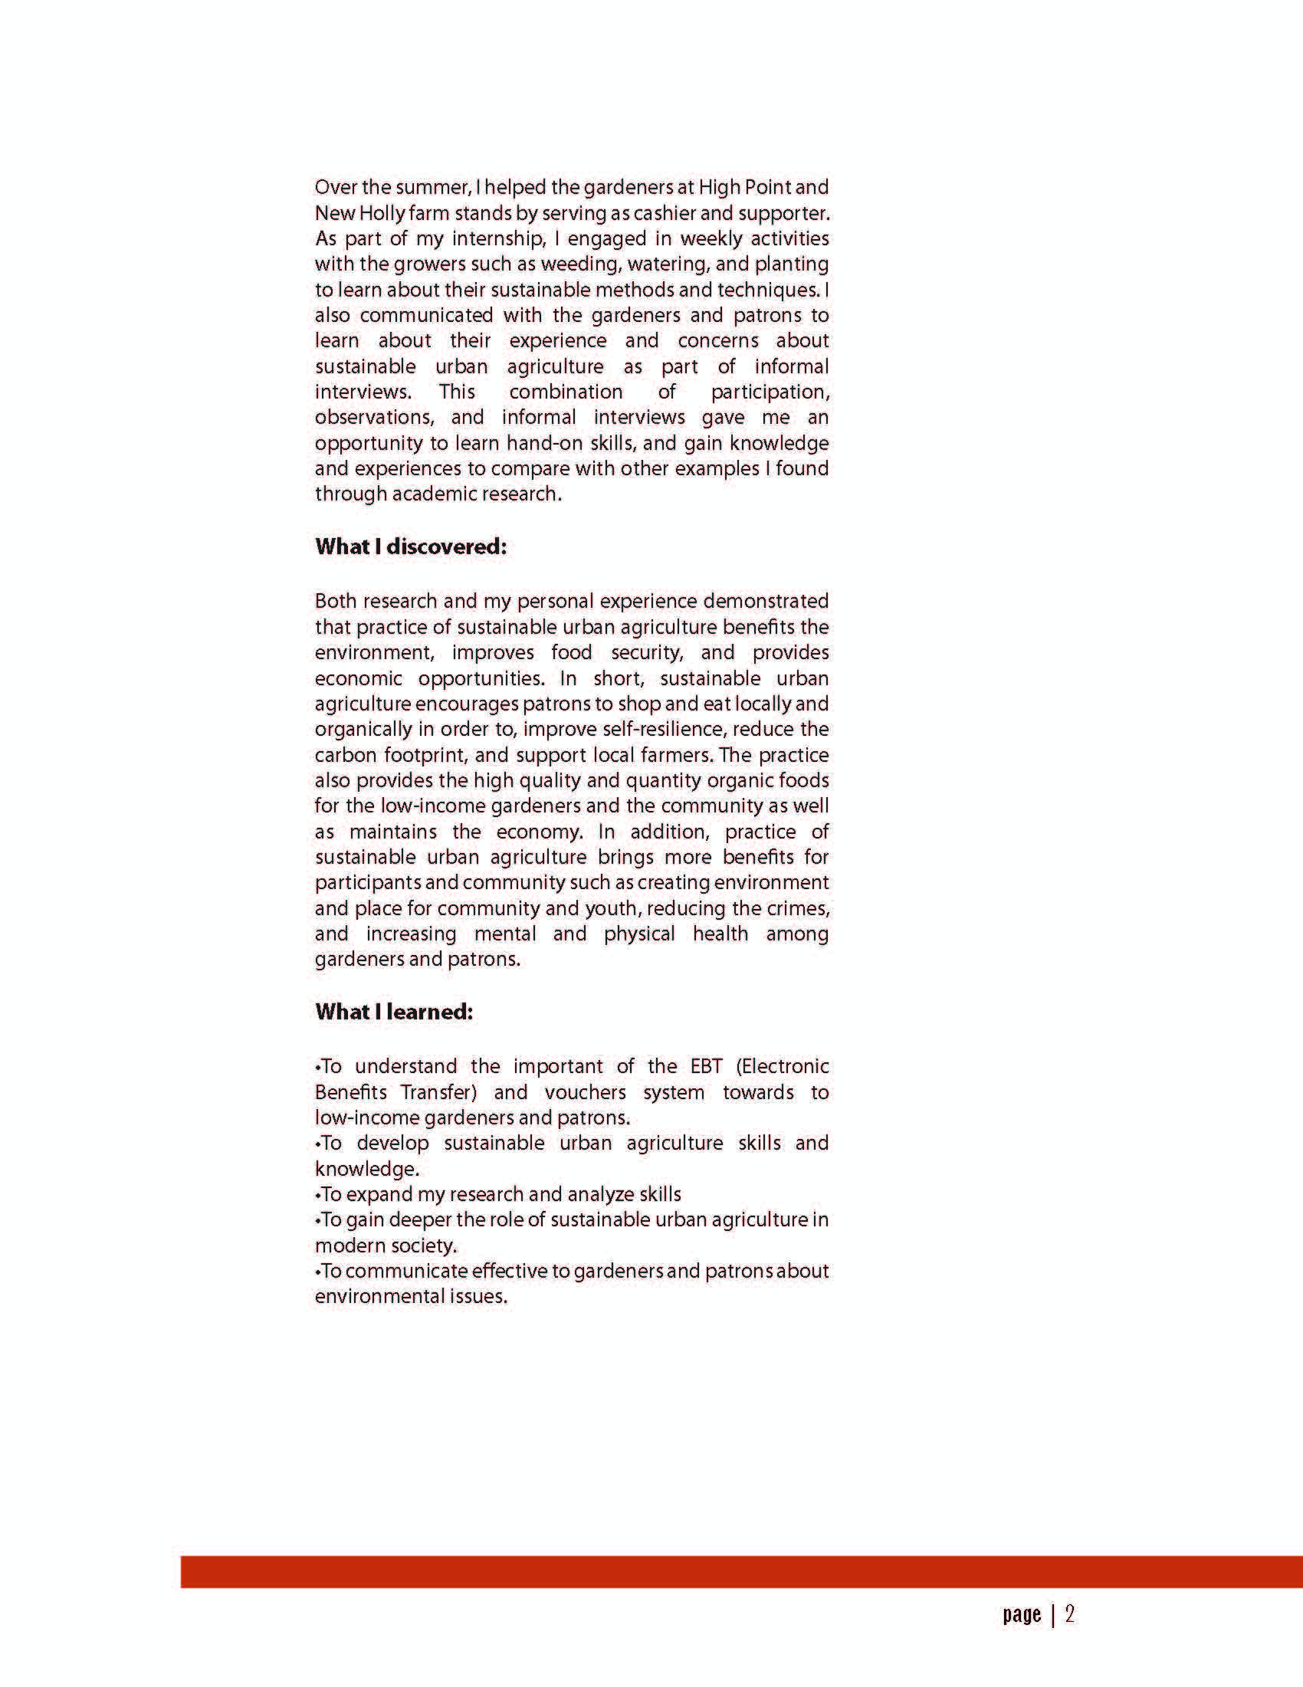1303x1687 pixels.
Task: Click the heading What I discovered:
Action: [410, 547]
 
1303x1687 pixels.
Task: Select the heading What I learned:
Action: [393, 1012]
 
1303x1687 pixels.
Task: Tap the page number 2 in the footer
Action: [1070, 1614]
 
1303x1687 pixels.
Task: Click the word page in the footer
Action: [1022, 1615]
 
